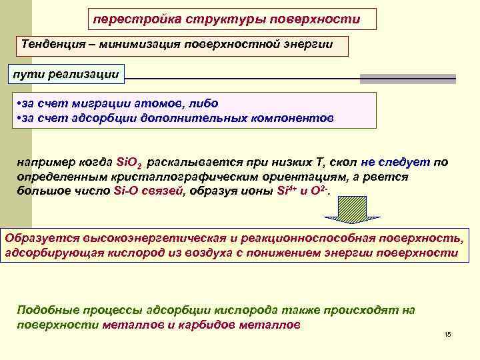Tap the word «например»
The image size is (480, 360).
pos(44,162)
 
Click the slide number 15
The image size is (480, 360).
pos(447,334)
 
